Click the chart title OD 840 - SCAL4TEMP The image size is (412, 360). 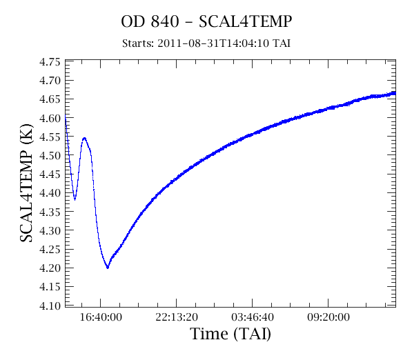206,21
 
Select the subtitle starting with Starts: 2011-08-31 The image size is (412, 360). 206,43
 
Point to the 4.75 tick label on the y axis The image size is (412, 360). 50,62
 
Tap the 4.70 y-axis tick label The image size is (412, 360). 50,81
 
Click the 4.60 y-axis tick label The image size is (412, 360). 50,118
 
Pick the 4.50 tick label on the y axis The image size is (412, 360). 50,155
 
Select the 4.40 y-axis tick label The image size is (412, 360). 50,193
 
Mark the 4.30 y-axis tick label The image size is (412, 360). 50,230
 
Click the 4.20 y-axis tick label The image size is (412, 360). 50,268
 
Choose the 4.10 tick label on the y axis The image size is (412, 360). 50,306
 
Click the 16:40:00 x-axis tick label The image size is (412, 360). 101,317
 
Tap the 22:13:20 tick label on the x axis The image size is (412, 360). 177,317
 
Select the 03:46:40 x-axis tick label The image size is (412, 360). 253,317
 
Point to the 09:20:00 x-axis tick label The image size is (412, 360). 328,317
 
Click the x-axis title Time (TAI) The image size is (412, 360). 230,334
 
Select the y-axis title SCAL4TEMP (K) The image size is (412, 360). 26,183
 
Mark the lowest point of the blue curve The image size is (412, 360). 108,268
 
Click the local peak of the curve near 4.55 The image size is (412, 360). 84,138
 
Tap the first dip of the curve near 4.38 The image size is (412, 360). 75,199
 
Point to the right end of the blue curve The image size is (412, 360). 395,93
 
